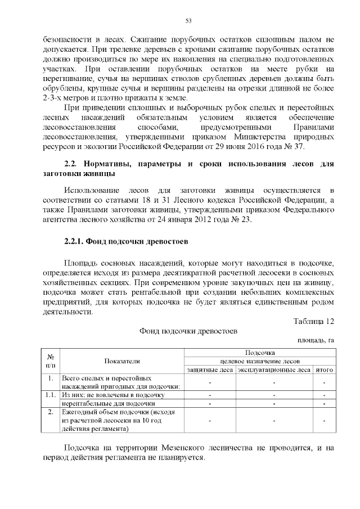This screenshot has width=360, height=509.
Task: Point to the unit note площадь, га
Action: (316, 340)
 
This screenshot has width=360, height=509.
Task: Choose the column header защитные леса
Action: (210, 370)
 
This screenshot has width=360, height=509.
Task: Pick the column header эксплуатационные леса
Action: (274, 370)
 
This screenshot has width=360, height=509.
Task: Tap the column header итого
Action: (325, 370)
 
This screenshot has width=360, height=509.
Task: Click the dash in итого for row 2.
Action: (325, 420)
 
